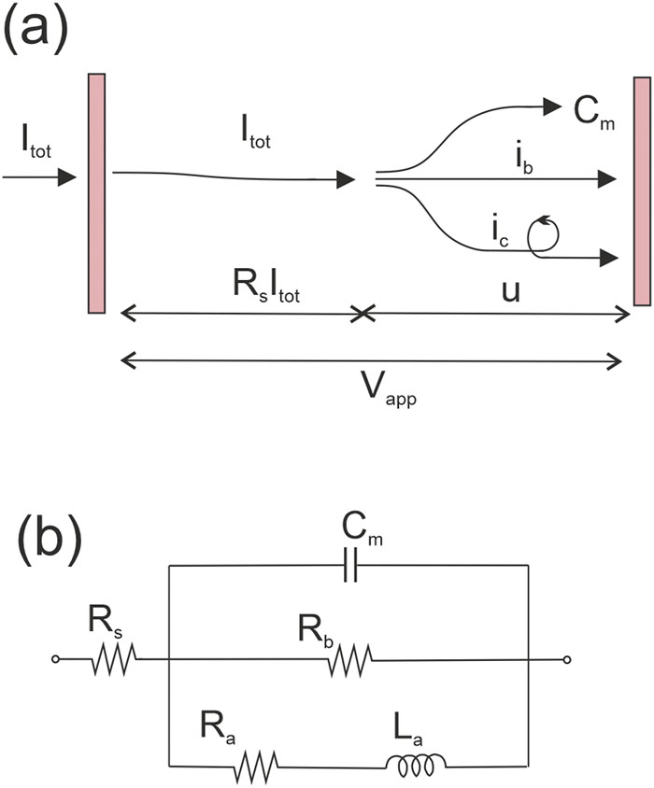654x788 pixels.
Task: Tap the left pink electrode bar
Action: [97, 194]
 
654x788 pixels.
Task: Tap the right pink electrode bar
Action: [641, 191]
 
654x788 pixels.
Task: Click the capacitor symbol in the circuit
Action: [349, 565]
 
